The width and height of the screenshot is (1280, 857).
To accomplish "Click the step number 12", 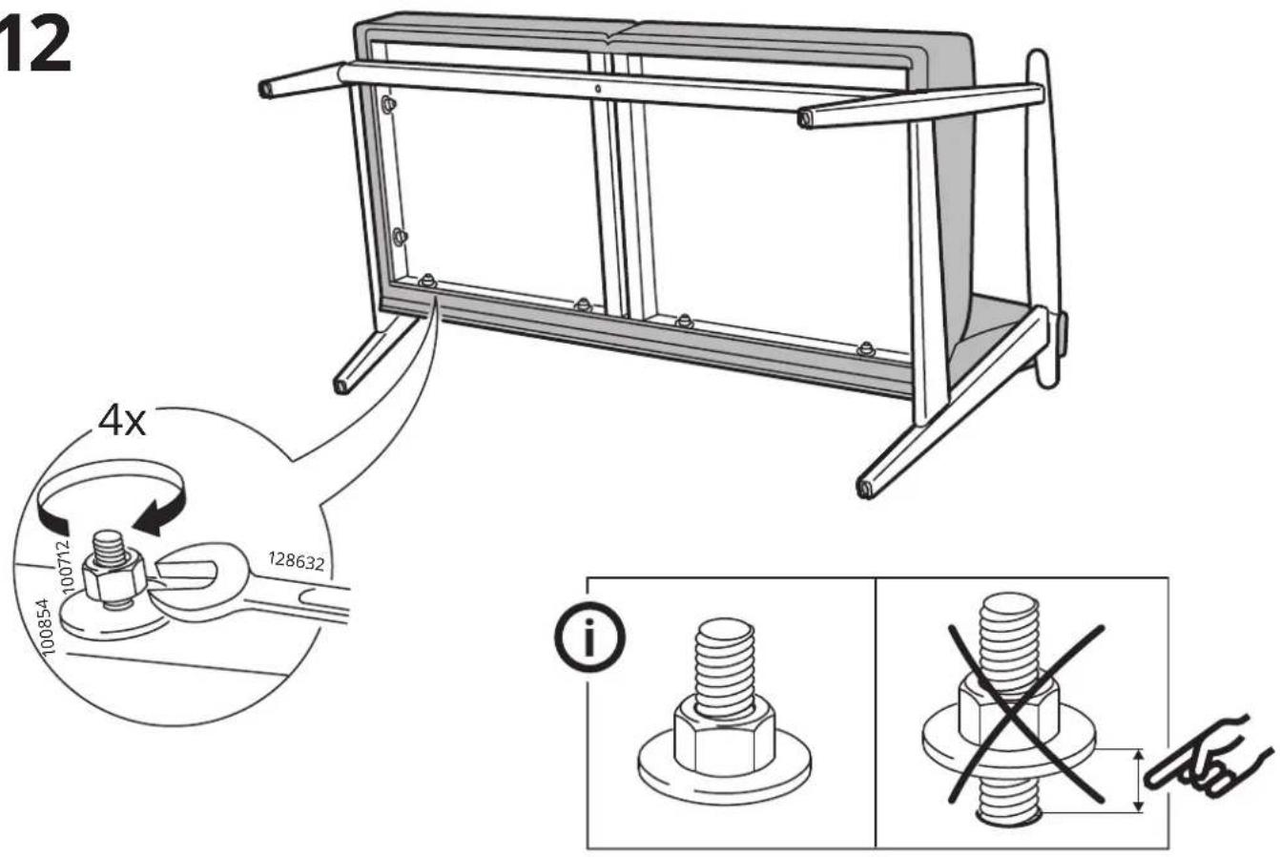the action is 34,45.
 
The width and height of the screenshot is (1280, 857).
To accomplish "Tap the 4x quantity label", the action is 122,422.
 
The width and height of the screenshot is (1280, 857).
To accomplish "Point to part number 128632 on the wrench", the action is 297,561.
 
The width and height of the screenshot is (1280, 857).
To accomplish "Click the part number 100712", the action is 66,566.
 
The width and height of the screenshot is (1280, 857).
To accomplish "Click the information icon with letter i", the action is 589,637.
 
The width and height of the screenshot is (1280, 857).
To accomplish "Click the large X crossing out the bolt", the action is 1024,714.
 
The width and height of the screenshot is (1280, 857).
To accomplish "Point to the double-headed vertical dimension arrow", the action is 1138,781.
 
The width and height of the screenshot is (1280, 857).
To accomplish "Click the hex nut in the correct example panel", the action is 724,736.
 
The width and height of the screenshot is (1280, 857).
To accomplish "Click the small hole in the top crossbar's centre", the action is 598,89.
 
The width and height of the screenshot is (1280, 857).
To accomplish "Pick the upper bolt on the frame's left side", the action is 388,105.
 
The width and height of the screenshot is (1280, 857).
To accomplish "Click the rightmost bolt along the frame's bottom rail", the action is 867,348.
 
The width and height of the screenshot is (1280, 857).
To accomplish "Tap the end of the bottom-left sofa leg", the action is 341,387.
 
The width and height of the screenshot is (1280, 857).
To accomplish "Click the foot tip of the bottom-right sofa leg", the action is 866,489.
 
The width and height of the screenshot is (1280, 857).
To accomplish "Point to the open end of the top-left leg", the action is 266,90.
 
